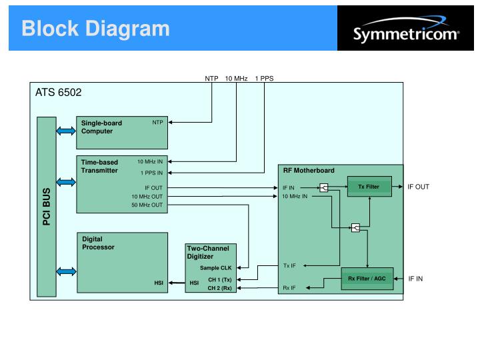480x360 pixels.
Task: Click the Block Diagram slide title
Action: point(95,28)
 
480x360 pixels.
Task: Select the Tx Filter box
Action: point(369,187)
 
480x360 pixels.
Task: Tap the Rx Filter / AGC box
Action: point(367,278)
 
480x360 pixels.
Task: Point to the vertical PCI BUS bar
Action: point(47,207)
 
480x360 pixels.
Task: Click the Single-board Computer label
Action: point(102,127)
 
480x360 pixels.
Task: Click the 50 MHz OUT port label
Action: point(147,205)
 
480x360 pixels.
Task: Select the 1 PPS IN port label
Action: point(151,173)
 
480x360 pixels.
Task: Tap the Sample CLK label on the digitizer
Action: point(215,267)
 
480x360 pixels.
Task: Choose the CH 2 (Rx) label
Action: point(219,288)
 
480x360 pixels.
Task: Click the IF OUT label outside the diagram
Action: point(419,187)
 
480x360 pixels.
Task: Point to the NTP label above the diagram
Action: point(211,78)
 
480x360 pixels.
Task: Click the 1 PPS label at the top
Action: point(264,78)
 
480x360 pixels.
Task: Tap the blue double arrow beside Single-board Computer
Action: point(67,131)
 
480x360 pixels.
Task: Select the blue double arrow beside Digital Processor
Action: point(67,271)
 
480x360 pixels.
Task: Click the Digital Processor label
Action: point(98,243)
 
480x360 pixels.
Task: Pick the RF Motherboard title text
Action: point(309,171)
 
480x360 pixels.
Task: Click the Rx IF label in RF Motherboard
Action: point(289,289)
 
